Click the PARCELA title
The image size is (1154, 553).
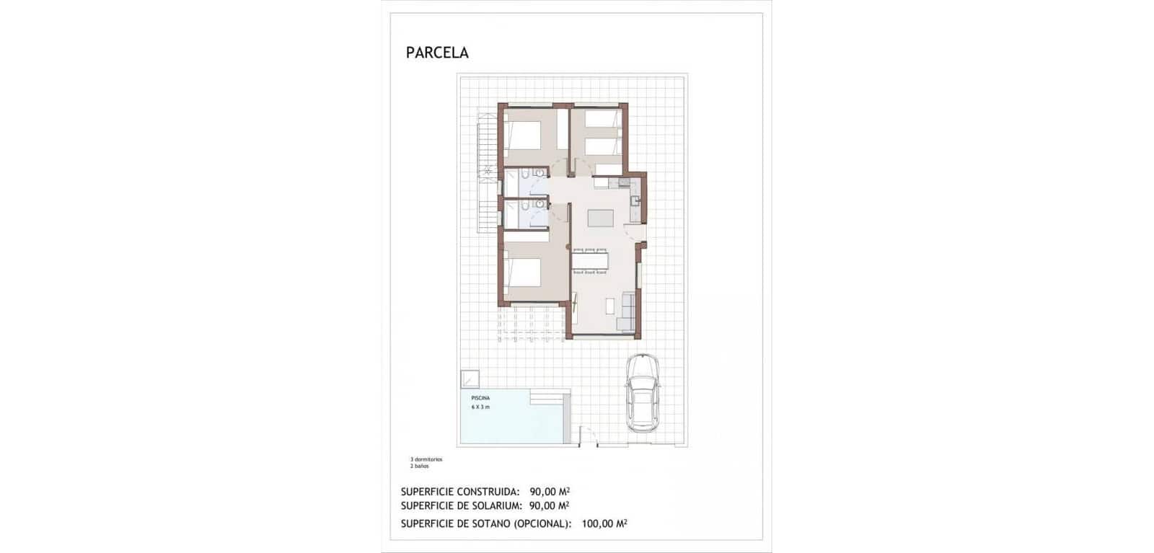click(x=437, y=53)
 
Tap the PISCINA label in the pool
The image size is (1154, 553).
click(x=480, y=398)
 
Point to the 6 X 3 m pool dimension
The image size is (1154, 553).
click(x=480, y=407)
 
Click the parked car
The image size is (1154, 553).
click(x=642, y=394)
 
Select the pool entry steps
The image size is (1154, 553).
click(x=550, y=397)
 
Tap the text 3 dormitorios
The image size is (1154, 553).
click(x=426, y=459)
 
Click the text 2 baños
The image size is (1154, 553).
click(x=420, y=466)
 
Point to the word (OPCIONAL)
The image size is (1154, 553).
click(x=542, y=524)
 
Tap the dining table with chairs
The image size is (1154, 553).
click(x=590, y=260)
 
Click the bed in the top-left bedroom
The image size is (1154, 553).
click(x=522, y=134)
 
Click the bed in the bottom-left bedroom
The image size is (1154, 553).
click(x=522, y=273)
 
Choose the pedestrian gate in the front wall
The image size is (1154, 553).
click(x=589, y=438)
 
